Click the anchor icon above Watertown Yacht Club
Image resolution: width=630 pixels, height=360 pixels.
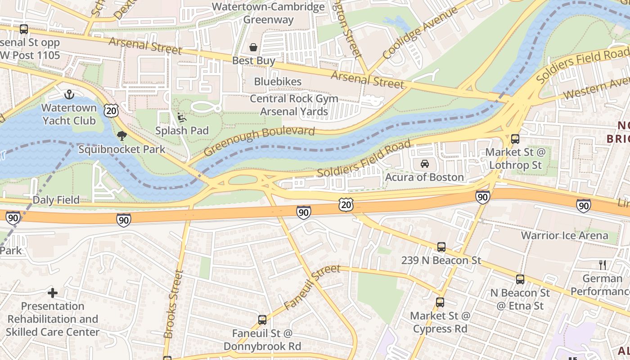tap(69, 94)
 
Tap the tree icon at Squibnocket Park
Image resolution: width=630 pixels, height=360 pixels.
tap(121, 135)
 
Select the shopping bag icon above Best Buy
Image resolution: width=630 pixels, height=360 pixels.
tap(253, 47)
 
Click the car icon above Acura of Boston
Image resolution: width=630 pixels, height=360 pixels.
tap(424, 164)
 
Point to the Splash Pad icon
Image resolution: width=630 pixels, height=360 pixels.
tap(182, 117)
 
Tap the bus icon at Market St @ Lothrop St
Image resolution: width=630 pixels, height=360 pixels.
tap(515, 139)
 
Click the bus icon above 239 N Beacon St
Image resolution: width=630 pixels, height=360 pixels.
tap(441, 247)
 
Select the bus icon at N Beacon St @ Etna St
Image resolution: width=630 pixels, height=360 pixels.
tap(520, 279)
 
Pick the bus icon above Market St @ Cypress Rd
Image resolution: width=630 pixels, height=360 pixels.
tap(440, 302)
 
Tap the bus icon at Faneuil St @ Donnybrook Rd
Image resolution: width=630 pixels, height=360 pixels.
tap(262, 320)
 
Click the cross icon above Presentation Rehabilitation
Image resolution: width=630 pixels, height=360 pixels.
tap(53, 293)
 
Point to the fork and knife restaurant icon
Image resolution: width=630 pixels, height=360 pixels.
tap(603, 265)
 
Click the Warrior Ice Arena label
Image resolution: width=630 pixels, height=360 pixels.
tap(564, 235)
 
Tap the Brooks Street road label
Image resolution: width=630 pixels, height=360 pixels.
tap(173, 304)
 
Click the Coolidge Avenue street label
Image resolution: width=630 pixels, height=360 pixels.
tap(420, 34)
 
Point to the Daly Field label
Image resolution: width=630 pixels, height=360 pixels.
tap(56, 200)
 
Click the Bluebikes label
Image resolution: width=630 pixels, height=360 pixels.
tap(278, 81)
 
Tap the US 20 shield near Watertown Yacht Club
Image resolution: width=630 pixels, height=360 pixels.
tap(111, 109)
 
